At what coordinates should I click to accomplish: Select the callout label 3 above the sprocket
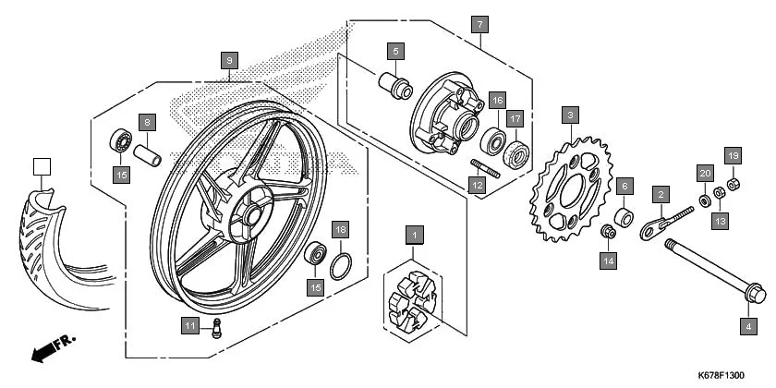[572, 115]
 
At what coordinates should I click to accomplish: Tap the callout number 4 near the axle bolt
[748, 325]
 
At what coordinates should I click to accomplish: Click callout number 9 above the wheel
[229, 60]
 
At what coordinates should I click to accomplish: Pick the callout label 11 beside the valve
[189, 325]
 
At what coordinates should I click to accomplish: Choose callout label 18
[340, 229]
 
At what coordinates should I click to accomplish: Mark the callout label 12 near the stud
[478, 186]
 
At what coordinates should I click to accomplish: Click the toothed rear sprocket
[564, 189]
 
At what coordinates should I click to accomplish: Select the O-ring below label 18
[341, 267]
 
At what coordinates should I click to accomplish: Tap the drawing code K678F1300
[716, 375]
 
